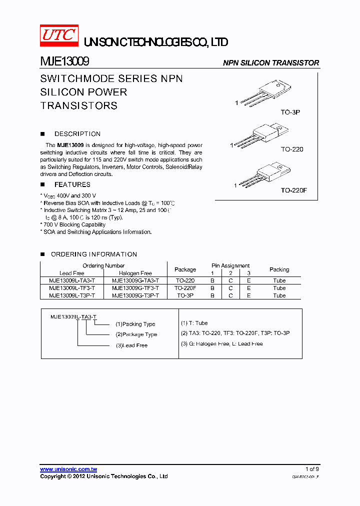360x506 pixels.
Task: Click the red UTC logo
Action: coord(58,35)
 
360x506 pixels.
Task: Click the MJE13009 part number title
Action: coord(64,62)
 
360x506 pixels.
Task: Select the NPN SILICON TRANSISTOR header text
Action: coord(270,63)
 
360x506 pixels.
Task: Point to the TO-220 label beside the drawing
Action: coord(292,149)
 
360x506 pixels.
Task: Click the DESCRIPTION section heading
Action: coord(77,134)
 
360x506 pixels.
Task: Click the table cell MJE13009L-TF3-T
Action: coord(72,288)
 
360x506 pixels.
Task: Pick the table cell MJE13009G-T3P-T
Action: coord(135,295)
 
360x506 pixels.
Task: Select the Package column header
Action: coord(185,269)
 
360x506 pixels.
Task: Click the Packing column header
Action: coord(279,269)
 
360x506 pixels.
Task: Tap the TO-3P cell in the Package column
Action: coord(185,295)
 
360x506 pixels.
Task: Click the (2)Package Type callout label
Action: coord(136,334)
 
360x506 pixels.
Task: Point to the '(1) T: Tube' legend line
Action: coord(194,323)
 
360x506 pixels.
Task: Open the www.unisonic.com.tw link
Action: coord(68,469)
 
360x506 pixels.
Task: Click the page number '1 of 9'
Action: coord(311,469)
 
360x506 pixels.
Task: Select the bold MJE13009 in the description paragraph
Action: coord(70,145)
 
